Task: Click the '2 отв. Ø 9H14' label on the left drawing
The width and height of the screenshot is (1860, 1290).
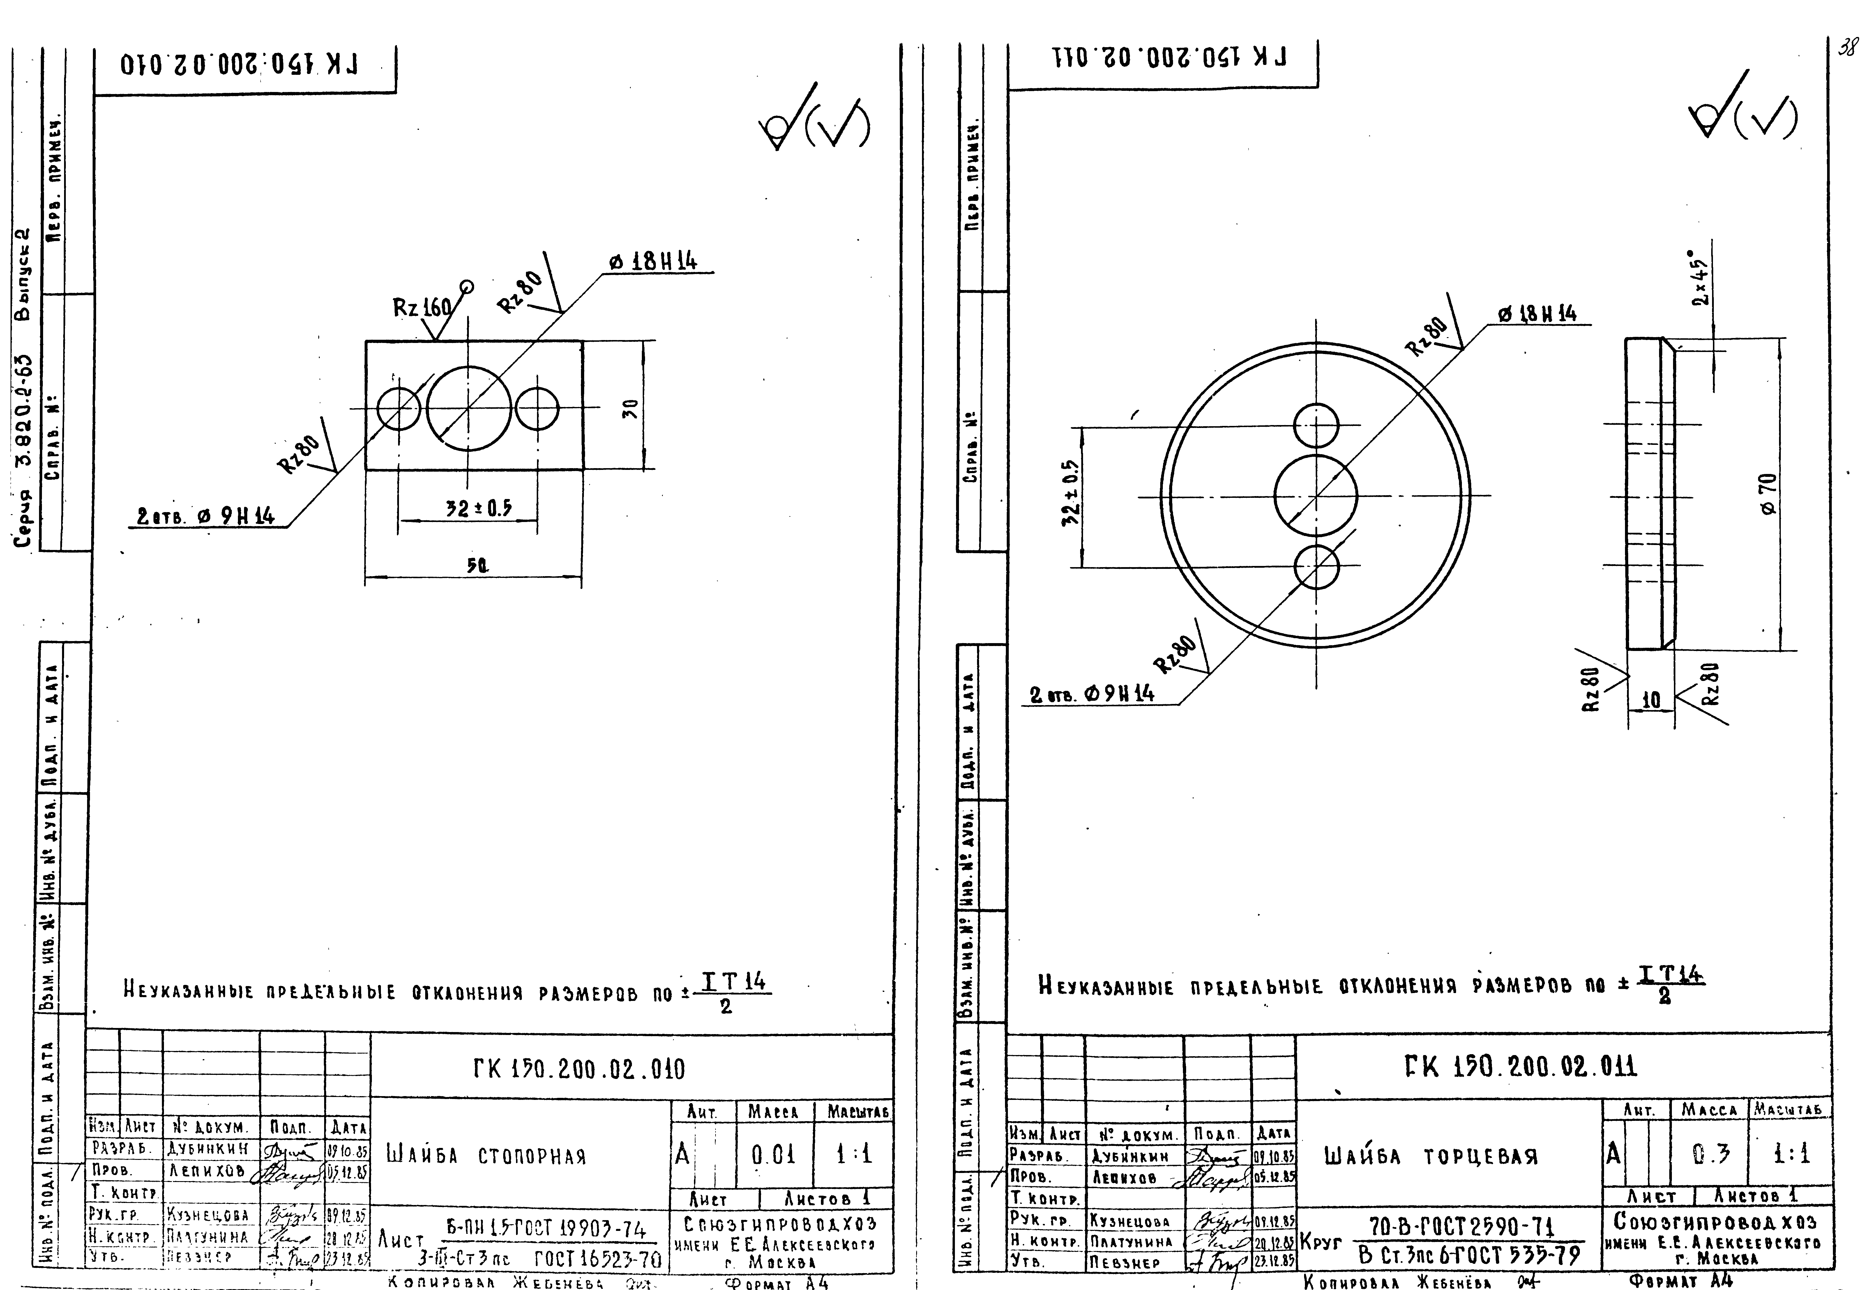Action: click(206, 516)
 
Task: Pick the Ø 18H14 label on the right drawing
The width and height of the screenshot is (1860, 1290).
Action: click(1537, 314)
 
